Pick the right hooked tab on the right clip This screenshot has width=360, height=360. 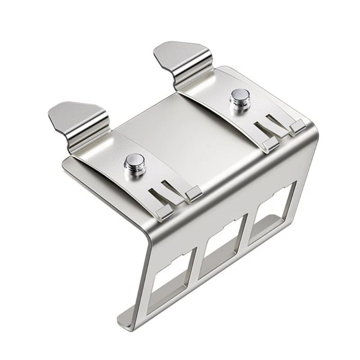[297, 127]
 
